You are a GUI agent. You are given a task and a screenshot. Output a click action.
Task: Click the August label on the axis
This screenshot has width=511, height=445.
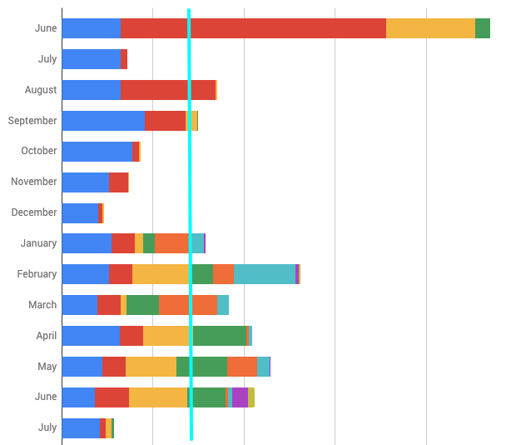tap(40, 90)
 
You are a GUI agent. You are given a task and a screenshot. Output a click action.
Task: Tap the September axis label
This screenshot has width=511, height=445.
tap(32, 121)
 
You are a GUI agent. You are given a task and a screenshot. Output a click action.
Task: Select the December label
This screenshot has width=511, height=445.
tap(34, 212)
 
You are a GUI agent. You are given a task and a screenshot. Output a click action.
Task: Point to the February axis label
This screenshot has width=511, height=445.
tap(37, 274)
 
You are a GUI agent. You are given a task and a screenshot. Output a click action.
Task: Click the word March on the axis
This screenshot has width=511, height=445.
tap(42, 305)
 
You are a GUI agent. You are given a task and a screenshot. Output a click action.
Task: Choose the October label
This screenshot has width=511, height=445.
tap(38, 151)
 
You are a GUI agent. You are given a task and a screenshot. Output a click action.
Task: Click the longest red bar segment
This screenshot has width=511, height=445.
tap(253, 28)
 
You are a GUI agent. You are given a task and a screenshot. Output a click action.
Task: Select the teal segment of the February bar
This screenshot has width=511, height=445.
tap(265, 274)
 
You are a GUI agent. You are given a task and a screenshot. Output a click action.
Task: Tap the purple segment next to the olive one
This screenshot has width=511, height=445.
tap(240, 397)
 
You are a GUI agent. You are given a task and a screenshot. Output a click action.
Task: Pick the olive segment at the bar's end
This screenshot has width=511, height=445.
tap(251, 397)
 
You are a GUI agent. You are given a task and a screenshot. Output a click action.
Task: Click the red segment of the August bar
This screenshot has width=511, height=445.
tap(168, 90)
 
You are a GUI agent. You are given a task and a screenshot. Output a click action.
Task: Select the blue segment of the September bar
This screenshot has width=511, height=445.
tap(103, 121)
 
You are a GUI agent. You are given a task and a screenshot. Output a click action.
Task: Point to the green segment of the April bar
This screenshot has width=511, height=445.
tap(220, 336)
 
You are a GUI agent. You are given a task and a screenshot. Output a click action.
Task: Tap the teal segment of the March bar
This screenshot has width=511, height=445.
tap(223, 305)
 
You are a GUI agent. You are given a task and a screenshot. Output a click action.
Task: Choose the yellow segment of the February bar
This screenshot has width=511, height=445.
tap(161, 274)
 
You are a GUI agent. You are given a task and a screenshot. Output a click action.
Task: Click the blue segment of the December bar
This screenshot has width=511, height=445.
tap(80, 212)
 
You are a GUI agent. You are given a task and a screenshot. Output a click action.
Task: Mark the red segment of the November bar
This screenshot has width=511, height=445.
tap(119, 182)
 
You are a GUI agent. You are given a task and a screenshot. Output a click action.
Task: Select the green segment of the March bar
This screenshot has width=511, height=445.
tap(142, 305)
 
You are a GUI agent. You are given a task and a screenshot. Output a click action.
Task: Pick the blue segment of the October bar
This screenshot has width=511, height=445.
tap(97, 151)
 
